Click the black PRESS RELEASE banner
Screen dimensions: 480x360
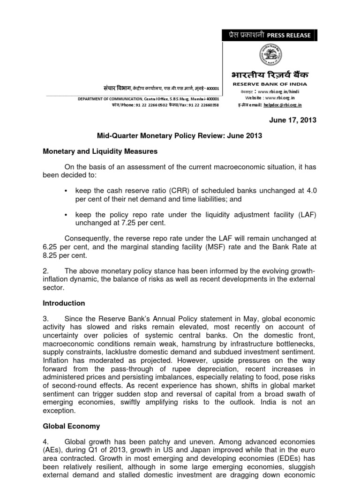point(269,35)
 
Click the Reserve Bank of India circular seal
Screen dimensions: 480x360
point(269,55)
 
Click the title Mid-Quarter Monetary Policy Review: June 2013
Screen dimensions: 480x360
point(180,135)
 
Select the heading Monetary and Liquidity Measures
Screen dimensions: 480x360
point(100,151)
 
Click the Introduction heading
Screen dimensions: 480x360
point(64,303)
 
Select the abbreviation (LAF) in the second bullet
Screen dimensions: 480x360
point(305,214)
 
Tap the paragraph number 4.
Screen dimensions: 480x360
point(46,442)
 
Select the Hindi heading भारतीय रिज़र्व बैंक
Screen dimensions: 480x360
point(269,75)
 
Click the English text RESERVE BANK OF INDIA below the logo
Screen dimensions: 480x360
point(269,84)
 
